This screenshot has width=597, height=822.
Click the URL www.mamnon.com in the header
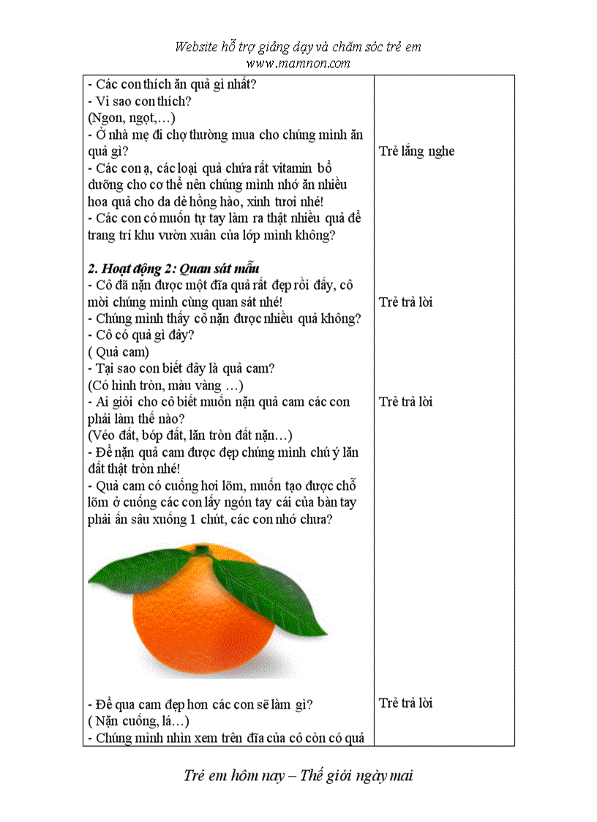coord(298,63)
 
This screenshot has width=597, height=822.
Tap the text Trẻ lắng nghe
coord(416,152)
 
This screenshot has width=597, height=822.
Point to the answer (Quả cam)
coord(118,352)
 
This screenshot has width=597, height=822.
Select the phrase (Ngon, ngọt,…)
coord(131,118)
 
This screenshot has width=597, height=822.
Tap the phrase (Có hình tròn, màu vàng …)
coord(165,386)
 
